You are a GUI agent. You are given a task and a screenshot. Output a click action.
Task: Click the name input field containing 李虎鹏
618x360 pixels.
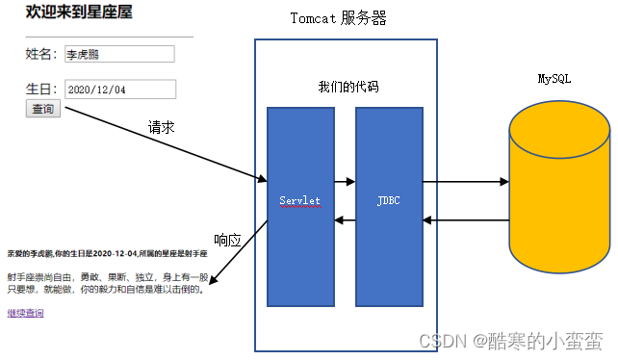click(119, 54)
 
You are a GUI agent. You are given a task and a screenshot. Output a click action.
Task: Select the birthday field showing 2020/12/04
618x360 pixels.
click(119, 90)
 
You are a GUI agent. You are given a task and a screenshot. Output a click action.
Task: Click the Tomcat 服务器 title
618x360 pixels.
click(339, 18)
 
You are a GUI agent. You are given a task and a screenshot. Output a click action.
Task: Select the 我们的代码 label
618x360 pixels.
click(348, 87)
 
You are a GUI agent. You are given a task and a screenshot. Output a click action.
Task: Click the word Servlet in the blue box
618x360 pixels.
click(299, 200)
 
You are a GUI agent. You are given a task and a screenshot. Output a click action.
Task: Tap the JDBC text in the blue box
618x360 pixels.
click(388, 200)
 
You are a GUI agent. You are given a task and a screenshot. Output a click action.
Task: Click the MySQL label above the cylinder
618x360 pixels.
click(554, 78)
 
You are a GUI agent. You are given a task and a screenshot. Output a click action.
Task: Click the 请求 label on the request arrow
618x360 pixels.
click(161, 126)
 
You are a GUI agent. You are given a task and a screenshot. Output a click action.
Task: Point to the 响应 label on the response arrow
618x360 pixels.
click(227, 240)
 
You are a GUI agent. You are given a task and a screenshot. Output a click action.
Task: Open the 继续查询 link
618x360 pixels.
click(25, 313)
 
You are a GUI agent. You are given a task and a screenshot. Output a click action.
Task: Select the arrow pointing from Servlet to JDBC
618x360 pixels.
click(345, 181)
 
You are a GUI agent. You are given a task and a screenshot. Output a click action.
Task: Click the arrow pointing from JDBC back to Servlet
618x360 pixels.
click(345, 220)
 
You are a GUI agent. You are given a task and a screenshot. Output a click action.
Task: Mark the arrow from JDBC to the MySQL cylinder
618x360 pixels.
click(465, 181)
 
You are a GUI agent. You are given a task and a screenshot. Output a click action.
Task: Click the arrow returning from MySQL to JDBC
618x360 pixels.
click(465, 220)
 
